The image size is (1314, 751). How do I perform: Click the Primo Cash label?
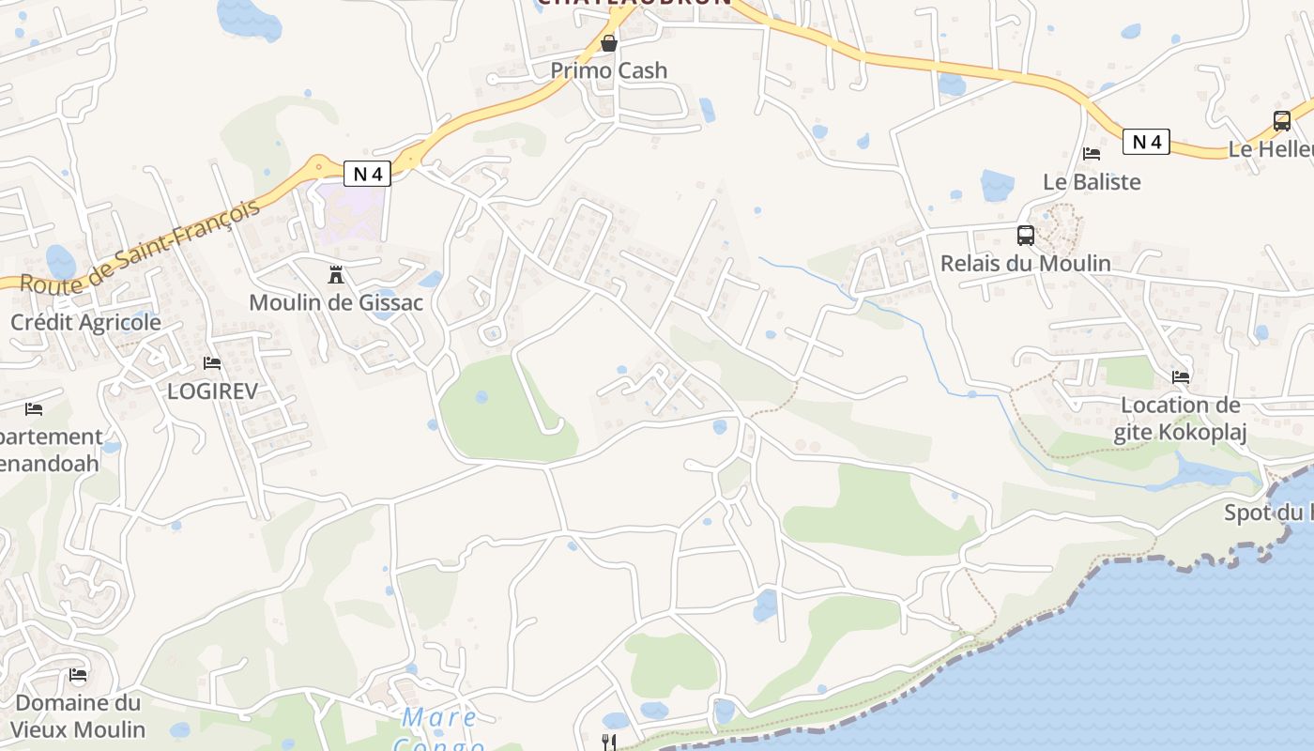[x=608, y=70]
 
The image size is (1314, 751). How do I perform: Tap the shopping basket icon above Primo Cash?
[x=609, y=43]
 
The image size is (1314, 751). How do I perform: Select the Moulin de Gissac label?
[x=336, y=302]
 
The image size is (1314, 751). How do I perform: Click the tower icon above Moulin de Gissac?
[x=336, y=275]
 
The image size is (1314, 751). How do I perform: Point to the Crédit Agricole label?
[x=85, y=322]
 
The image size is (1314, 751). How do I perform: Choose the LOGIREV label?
[x=212, y=391]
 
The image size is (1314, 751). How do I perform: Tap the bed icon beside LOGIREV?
[x=212, y=363]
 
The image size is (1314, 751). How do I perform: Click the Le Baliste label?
[x=1092, y=181]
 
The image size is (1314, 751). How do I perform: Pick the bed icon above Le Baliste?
[x=1092, y=154]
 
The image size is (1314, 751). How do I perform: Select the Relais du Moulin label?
[x=1026, y=263]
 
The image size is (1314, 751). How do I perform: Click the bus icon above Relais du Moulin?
[x=1026, y=236]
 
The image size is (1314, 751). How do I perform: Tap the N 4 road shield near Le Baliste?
[x=1146, y=142]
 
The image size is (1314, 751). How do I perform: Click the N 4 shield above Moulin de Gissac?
[x=367, y=173]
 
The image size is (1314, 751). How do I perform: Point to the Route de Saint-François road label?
[x=139, y=246]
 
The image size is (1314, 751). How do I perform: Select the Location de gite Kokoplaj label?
[x=1180, y=419]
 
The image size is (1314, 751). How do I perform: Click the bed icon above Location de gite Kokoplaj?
[x=1181, y=377]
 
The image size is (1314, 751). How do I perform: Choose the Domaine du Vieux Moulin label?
[x=78, y=715]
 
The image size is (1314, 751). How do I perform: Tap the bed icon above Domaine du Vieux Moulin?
[x=78, y=675]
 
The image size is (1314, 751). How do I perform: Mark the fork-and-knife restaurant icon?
[x=609, y=743]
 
